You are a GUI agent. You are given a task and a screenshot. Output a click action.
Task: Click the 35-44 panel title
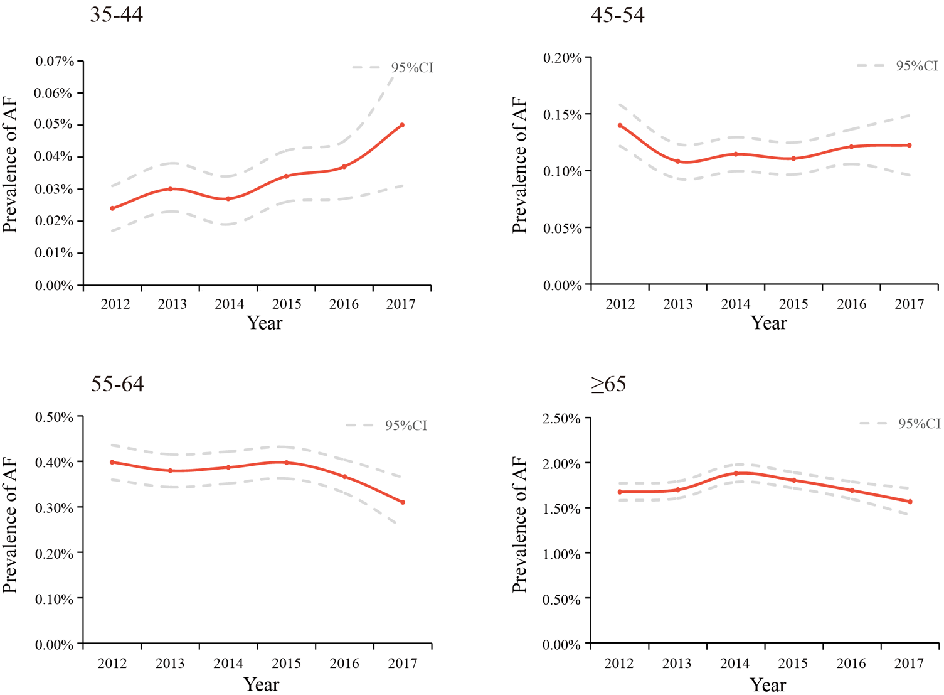pos(117,14)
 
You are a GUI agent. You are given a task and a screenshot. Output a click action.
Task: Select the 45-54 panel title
pos(617,14)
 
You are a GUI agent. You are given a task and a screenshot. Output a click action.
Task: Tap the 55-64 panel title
pos(117,384)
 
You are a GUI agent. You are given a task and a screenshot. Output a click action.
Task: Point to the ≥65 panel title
pos(608,384)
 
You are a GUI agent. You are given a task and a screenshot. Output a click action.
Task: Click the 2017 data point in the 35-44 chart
pos(402,125)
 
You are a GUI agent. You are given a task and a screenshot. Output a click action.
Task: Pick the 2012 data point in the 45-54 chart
pos(620,126)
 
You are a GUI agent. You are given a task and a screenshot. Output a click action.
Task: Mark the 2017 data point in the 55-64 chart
pos(403,502)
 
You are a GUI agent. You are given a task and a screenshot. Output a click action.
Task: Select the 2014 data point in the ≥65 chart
pos(736,473)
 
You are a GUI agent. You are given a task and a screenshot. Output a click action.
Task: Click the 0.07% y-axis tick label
pos(55,62)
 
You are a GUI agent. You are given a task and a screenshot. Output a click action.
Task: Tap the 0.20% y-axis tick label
pos(563,58)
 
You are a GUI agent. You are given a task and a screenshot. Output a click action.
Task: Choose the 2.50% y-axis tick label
pos(561,419)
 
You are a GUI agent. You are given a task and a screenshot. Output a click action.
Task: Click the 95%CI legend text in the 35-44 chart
pos(412,68)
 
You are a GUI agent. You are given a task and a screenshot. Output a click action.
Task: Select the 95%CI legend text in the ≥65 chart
pos(919,424)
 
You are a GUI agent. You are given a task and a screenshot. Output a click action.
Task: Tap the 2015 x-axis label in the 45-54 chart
pos(793,304)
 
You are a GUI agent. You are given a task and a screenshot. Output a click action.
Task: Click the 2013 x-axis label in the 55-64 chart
pos(170,664)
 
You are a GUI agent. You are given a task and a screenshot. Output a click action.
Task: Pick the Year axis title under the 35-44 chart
pos(264,323)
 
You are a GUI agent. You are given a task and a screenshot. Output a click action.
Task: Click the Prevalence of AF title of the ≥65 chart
pos(519,525)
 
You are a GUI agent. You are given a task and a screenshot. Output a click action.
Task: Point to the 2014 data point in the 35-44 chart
pos(228,198)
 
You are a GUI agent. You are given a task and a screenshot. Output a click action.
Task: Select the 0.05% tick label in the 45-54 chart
pos(563,229)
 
